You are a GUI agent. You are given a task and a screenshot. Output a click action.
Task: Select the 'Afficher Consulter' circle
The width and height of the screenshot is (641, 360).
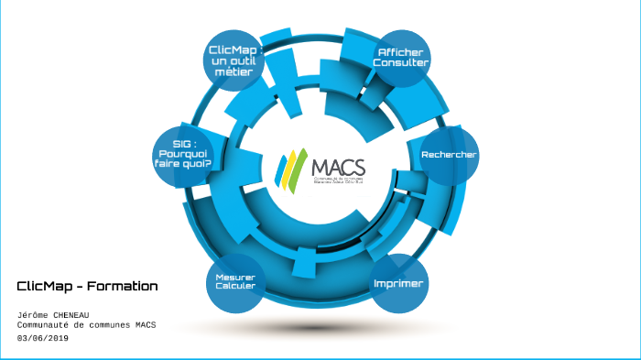(401, 58)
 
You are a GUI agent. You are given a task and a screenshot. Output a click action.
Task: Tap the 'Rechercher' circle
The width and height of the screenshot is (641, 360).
(449, 155)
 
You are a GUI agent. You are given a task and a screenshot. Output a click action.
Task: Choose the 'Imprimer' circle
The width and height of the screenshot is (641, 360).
(398, 284)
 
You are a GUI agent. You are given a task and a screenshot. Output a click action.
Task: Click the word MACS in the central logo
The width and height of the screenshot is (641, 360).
(338, 168)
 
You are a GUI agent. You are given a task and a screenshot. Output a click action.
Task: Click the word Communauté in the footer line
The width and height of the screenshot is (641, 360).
(46, 325)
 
